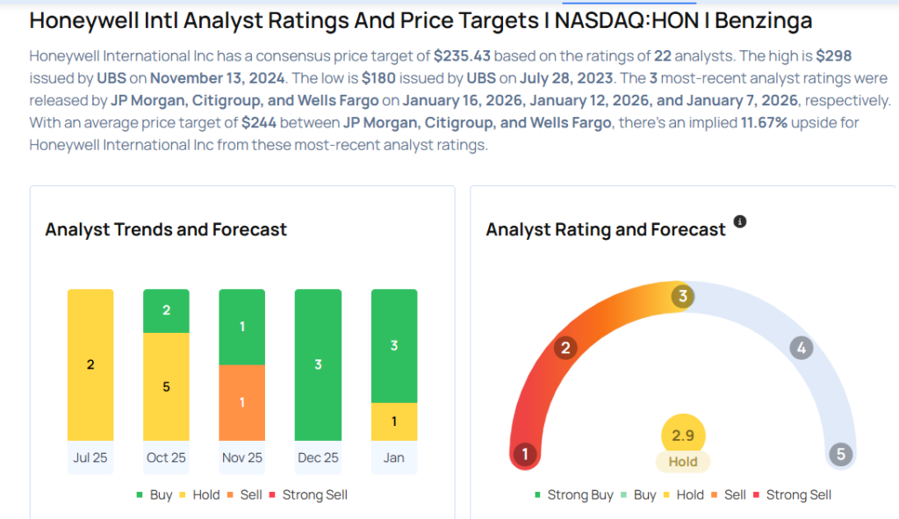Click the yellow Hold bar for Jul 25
[90, 364]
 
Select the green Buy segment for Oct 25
[166, 311]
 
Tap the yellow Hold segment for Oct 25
[166, 386]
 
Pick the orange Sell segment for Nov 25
[241, 402]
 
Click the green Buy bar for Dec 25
[318, 364]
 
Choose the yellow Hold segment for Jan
[393, 422]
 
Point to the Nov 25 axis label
[241, 458]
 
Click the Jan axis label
[393, 458]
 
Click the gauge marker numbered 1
[525, 454]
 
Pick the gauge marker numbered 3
[682, 296]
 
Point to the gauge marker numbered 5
[840, 454]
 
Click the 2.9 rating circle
[683, 436]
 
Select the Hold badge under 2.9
[683, 462]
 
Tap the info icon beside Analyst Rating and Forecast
[740, 222]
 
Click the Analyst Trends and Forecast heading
[166, 229]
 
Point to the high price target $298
[834, 55]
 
